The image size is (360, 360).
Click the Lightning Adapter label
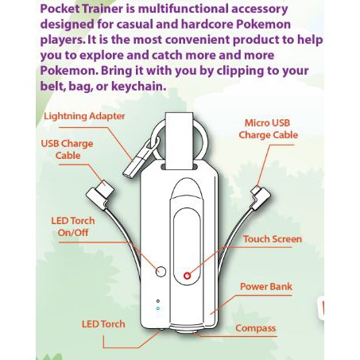[x=84, y=116]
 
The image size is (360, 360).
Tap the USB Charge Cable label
[x=68, y=149]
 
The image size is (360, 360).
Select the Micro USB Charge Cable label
[x=269, y=129]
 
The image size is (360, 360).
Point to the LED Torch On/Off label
[x=73, y=226]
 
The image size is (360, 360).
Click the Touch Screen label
[x=273, y=239]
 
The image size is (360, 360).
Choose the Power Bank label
[x=266, y=286]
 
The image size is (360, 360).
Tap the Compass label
[x=256, y=328]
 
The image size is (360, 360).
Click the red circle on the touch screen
[x=188, y=276]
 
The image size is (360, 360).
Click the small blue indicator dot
[x=158, y=308]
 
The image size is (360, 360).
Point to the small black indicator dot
[x=158, y=301]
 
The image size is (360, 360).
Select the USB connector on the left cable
[x=100, y=194]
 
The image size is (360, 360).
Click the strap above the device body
[x=180, y=141]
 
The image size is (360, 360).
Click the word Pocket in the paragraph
[x=60, y=9]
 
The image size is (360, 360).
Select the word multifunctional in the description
[x=184, y=9]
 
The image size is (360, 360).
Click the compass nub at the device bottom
[x=185, y=332]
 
